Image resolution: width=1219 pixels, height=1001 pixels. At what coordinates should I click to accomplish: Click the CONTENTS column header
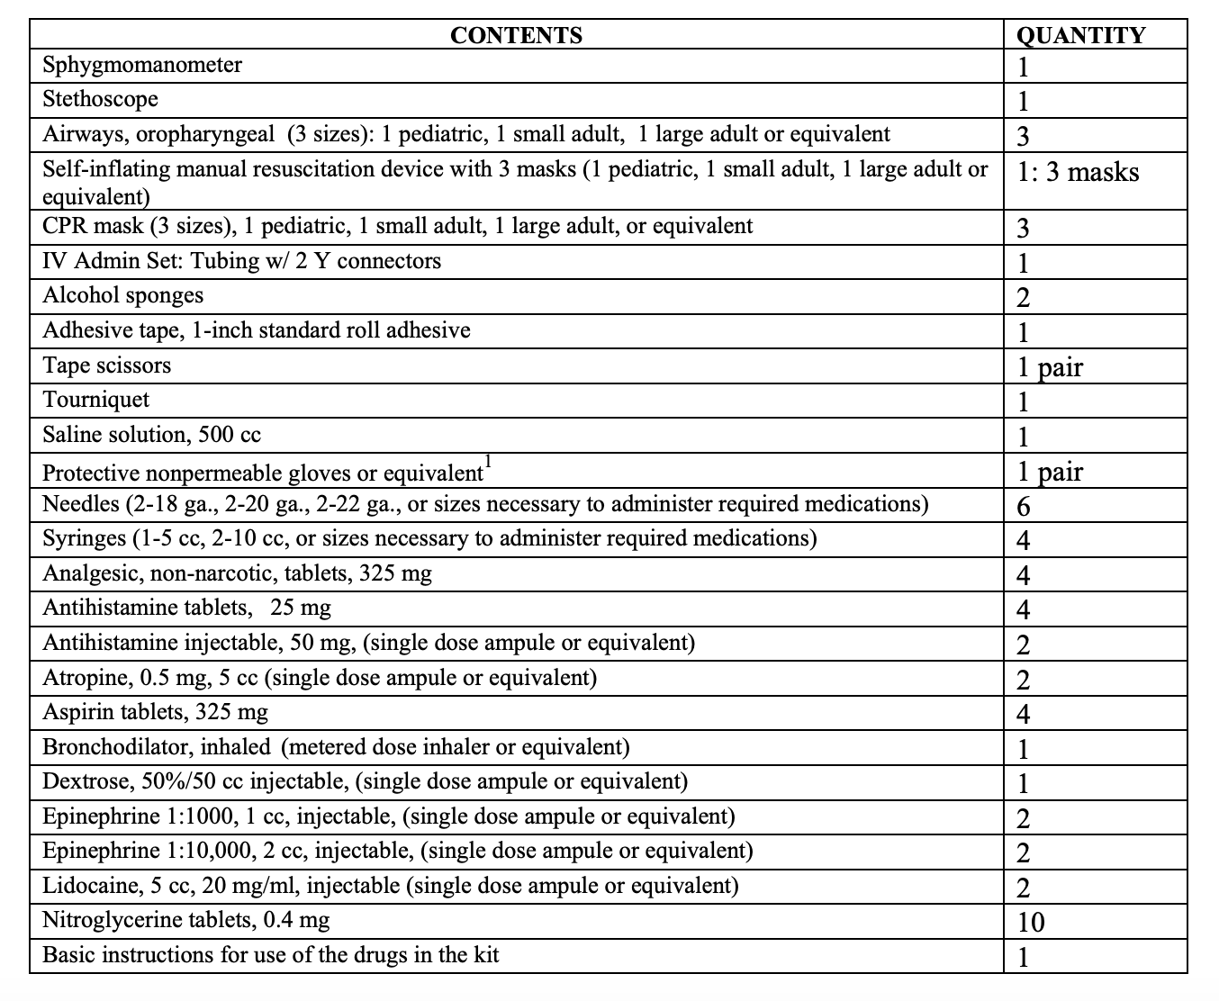(x=516, y=35)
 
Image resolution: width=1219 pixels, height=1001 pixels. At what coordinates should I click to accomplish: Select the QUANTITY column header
(x=1080, y=35)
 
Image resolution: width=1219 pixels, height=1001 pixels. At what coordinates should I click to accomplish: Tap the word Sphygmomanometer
(x=142, y=65)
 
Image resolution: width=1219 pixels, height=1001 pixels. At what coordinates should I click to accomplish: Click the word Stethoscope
(x=100, y=99)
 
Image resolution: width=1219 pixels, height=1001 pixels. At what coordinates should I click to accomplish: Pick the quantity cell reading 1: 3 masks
(x=1078, y=172)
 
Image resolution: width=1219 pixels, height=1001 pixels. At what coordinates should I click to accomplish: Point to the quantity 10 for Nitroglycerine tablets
(x=1031, y=922)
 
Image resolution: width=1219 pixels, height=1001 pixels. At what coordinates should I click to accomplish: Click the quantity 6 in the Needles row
(x=1023, y=506)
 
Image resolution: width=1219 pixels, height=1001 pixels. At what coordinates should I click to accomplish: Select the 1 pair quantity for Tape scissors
(x=1050, y=367)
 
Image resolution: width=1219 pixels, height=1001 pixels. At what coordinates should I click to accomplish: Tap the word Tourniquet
(x=95, y=400)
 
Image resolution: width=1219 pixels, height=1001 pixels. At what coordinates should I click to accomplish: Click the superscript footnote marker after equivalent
(x=487, y=462)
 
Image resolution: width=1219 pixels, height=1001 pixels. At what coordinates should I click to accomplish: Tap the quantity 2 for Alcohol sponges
(x=1023, y=298)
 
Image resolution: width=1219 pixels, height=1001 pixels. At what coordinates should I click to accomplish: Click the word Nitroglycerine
(x=113, y=920)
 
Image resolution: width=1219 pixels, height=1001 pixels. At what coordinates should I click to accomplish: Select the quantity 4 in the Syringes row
(x=1023, y=540)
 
